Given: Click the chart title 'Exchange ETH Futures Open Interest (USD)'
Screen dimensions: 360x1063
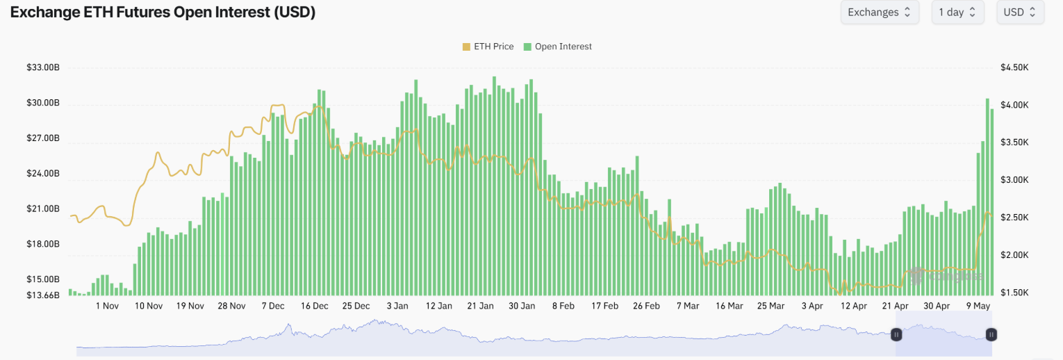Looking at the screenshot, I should (163, 13).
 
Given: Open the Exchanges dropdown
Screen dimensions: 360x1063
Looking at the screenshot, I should (880, 13).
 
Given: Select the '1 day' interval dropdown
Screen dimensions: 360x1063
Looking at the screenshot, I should (957, 13).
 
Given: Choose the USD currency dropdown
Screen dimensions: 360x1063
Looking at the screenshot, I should (1020, 13).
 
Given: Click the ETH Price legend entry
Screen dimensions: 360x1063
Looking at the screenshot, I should (488, 47).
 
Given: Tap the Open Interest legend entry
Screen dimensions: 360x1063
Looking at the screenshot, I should (558, 47).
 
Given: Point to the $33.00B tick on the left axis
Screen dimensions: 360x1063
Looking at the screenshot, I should (43, 68).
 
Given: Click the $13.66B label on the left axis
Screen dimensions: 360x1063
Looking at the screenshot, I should (43, 295).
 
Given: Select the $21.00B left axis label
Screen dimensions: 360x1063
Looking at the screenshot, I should (43, 209).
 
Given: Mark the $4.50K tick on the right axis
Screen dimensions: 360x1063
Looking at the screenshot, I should (1014, 68).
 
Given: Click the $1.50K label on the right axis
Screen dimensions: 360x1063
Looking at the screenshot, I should (1014, 293).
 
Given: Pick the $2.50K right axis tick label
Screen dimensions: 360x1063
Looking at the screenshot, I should (1014, 218).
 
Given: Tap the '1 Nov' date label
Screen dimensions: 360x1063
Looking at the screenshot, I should (107, 306).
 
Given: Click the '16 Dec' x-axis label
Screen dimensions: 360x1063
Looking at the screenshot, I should (315, 306).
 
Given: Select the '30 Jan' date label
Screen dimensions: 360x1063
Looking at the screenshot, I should (522, 306).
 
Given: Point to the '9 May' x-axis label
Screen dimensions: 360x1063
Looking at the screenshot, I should (978, 306).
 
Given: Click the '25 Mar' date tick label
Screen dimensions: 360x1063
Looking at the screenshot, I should (771, 306).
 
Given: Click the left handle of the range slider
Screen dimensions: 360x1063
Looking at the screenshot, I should (896, 334).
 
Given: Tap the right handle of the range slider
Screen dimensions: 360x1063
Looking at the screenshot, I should (991, 334).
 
